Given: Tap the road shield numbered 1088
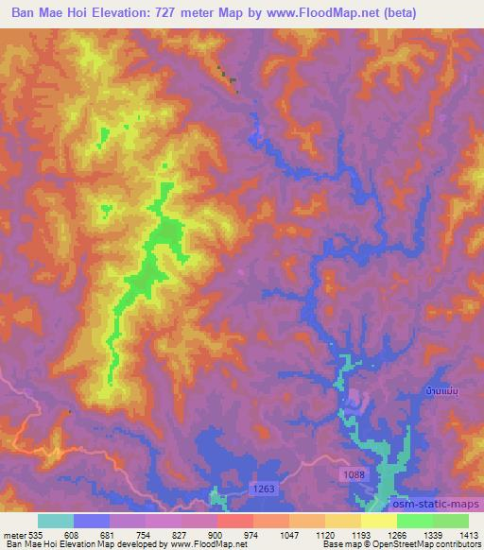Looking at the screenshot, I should coord(352,472).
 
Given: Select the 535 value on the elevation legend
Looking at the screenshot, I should coord(35,533).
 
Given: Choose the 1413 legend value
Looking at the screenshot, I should coord(468,533).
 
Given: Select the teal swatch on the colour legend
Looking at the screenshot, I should coord(56,521).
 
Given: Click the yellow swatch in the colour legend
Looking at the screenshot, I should coord(378,521).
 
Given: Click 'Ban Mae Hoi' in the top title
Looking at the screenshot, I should coord(50,10).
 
